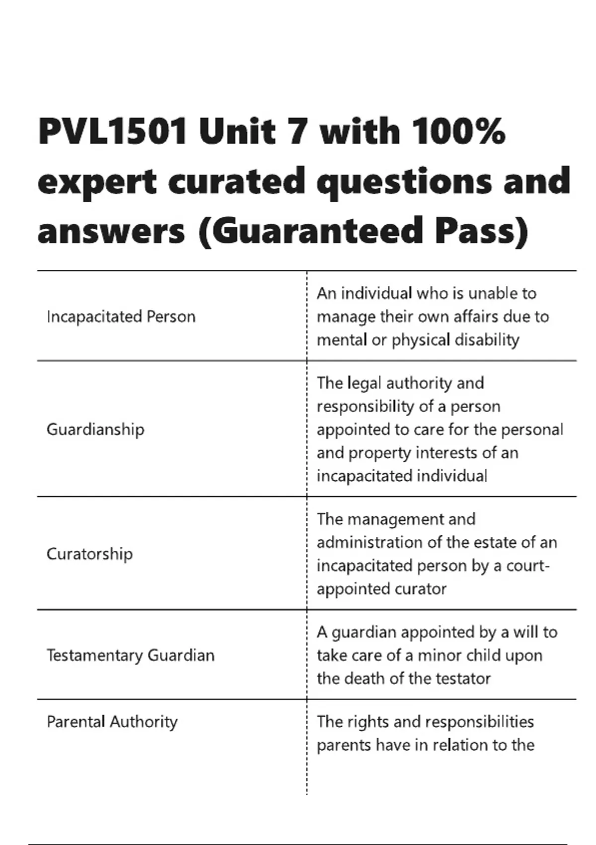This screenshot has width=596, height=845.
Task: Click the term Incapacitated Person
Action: (121, 317)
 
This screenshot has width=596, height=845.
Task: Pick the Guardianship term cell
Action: (95, 429)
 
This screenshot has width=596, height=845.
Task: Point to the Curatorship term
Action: (90, 554)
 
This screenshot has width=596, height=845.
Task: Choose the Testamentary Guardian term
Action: (131, 655)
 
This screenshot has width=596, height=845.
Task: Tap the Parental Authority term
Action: (112, 722)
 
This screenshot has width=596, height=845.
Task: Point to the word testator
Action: (462, 678)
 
